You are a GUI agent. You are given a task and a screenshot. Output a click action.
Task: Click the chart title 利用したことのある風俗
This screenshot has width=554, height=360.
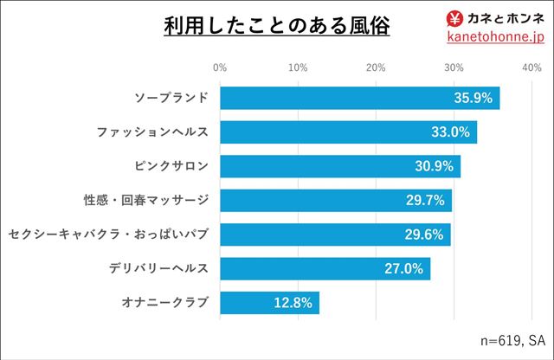tap(277, 26)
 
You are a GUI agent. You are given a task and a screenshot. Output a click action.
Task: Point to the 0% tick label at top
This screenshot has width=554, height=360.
tap(220, 67)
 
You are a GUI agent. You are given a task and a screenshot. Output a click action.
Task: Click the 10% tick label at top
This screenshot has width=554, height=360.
tap(298, 67)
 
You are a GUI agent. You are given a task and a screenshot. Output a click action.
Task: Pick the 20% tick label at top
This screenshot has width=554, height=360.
tap(376, 67)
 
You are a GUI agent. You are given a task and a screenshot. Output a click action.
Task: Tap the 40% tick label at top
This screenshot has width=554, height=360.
tap(531, 67)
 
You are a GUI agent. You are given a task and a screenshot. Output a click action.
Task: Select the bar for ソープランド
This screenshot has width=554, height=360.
tap(359, 98)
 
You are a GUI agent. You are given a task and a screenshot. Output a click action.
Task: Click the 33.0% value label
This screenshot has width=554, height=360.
tap(449, 132)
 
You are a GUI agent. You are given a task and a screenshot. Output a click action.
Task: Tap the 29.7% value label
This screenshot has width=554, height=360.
tap(425, 201)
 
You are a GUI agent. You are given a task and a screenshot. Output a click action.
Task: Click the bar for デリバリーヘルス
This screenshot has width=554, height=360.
tap(325, 269)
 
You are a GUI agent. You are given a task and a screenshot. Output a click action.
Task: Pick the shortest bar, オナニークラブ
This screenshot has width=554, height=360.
tap(269, 303)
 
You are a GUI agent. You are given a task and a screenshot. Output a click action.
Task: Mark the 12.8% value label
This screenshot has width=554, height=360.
tap(292, 303)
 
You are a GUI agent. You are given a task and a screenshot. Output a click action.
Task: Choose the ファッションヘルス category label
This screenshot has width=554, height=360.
tap(151, 132)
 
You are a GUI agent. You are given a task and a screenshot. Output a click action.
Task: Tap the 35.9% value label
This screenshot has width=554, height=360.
tap(473, 98)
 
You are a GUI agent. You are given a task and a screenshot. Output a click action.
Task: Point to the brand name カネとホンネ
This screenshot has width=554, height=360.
tap(506, 17)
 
